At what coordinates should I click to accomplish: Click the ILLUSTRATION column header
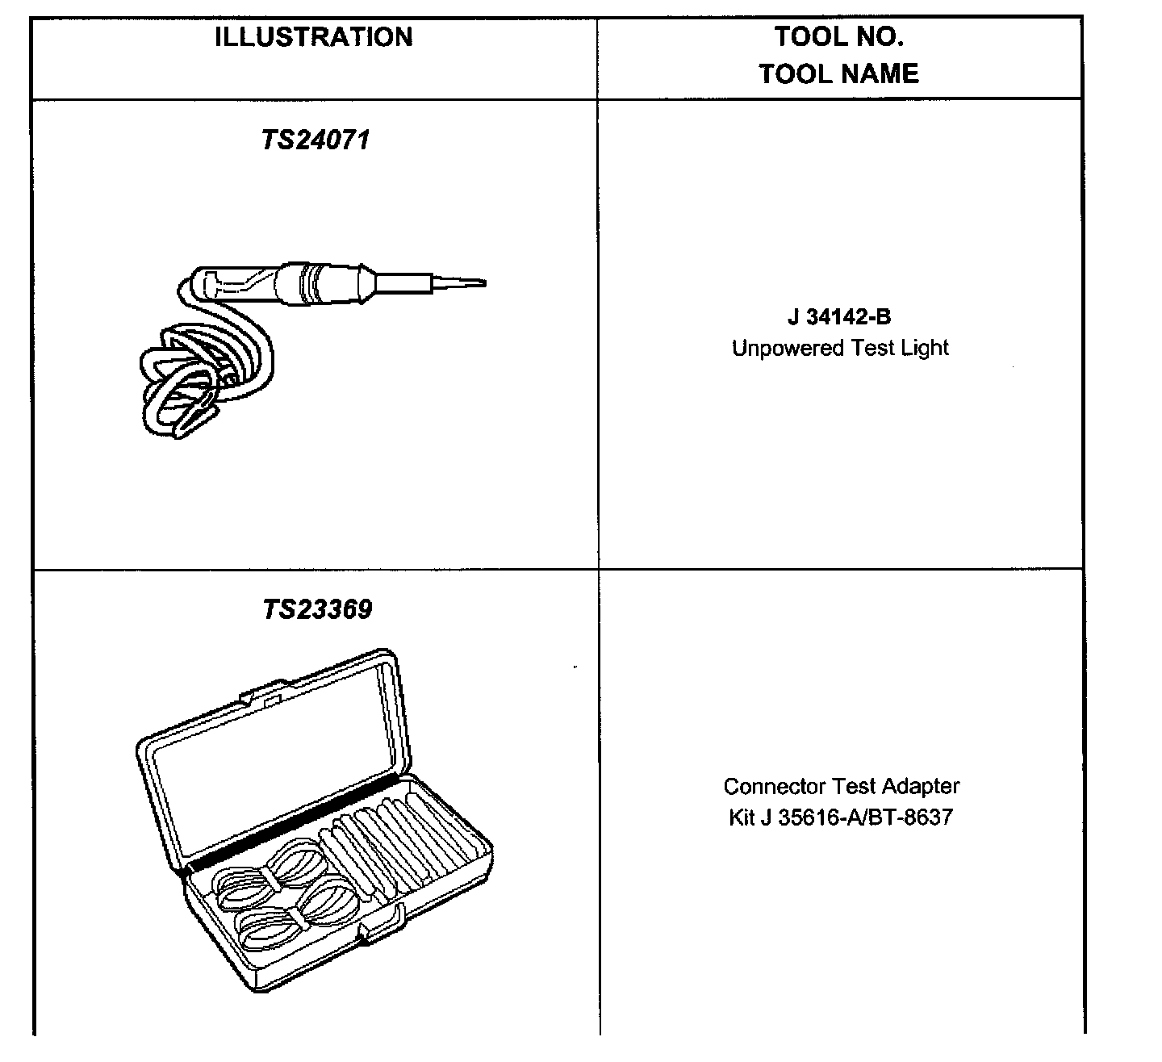(x=313, y=38)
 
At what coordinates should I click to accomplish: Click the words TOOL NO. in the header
(x=838, y=36)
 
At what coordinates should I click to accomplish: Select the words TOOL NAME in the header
(x=838, y=74)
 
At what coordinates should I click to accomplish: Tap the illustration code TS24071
(x=315, y=141)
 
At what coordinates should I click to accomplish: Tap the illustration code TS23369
(x=317, y=609)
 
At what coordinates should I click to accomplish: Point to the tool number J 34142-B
(x=839, y=317)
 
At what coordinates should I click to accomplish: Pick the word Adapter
(x=921, y=786)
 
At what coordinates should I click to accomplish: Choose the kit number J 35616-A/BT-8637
(x=856, y=817)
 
